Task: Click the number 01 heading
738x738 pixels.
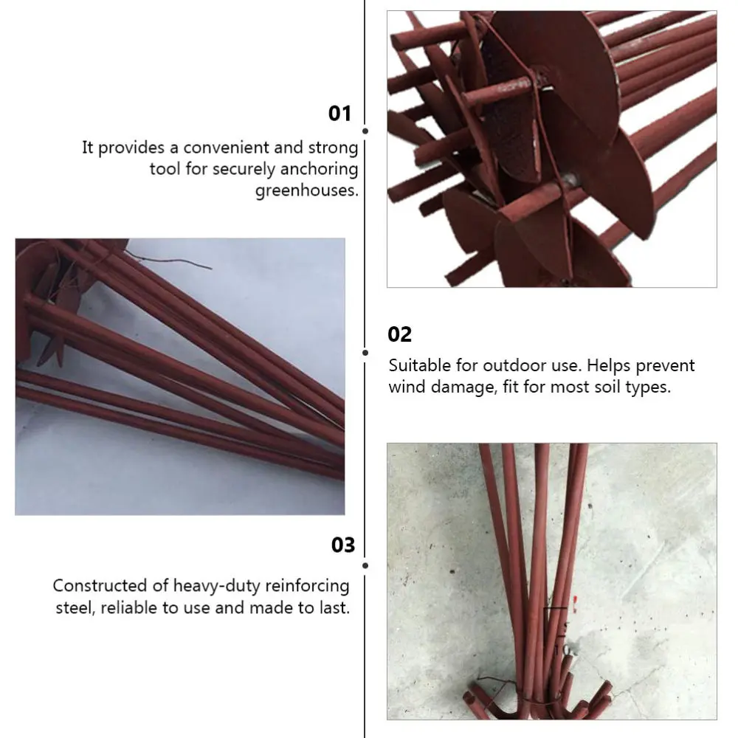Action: [339, 114]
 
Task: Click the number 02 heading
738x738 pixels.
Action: [399, 334]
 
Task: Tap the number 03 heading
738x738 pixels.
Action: [342, 545]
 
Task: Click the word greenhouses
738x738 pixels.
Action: [306, 190]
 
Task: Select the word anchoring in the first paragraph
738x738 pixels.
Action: [321, 169]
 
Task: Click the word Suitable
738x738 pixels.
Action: [418, 365]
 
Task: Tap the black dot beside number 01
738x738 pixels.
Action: [365, 131]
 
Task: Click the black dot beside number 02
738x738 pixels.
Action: [365, 352]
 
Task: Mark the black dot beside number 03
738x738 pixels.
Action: [365, 566]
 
